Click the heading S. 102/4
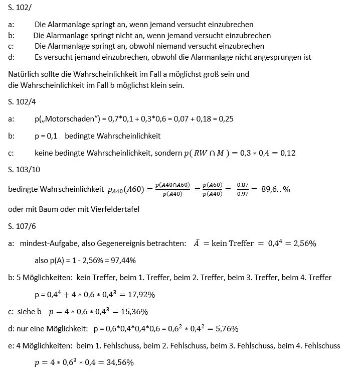coord(22,102)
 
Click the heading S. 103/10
coord(24,169)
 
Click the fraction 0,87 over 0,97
coord(243,189)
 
